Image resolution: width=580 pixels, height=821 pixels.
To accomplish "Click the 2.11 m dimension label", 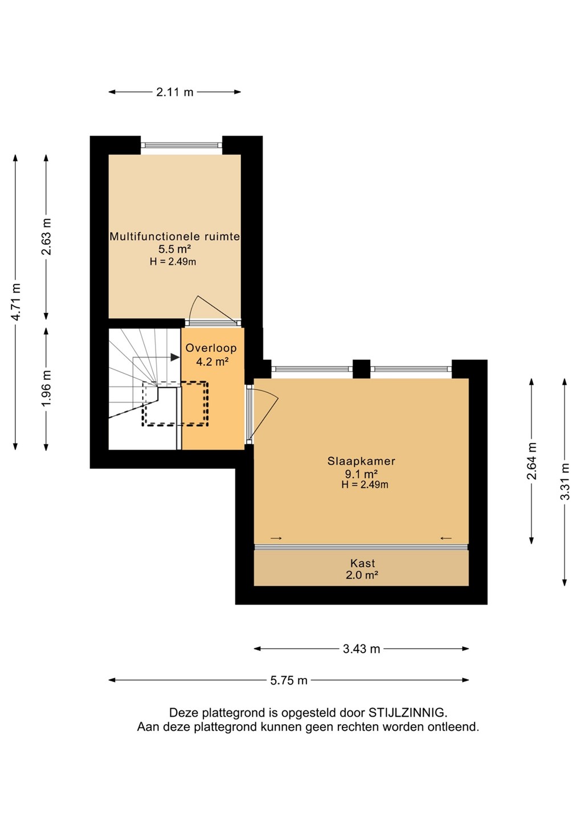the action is point(175,92).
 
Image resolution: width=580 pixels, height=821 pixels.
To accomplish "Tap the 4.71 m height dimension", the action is point(16,302).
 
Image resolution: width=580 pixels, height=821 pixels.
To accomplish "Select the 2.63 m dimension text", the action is point(47,237).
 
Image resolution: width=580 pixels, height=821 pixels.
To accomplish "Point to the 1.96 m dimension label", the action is point(47,388).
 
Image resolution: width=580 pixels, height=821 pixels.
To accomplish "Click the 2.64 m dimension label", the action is point(532,461).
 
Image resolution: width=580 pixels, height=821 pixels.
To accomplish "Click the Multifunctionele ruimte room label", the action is point(175,237).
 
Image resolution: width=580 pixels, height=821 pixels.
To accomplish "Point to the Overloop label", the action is point(211,348).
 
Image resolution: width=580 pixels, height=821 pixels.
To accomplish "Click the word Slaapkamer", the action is point(361,461).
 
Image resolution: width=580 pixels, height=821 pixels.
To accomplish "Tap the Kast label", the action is point(362,563).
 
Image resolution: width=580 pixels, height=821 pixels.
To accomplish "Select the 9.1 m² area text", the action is point(361,474).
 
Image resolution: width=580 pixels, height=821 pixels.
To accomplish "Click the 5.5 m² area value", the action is point(175,249).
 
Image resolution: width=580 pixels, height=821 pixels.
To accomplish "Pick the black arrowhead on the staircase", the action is point(175,357).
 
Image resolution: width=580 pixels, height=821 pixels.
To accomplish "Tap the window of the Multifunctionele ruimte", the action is point(182,145).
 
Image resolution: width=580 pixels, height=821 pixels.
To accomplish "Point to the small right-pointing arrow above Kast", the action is point(276,538).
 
